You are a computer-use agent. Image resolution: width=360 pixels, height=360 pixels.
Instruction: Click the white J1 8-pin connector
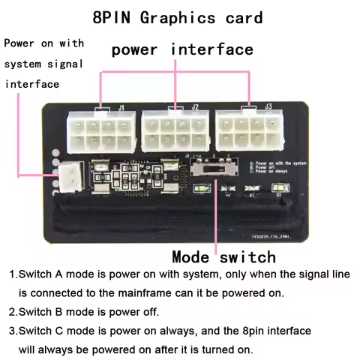pos(99,130)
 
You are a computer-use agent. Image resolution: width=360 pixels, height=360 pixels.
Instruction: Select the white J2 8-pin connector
pos(174,131)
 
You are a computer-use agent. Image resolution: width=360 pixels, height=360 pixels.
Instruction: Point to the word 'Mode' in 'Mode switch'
pos(193,256)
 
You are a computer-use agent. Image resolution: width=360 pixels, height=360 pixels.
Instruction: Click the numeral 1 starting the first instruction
pos(12,274)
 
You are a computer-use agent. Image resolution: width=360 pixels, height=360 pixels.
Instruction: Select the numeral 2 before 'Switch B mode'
pos(12,311)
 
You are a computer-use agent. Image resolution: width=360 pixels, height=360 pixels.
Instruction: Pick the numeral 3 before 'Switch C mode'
pos(12,331)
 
